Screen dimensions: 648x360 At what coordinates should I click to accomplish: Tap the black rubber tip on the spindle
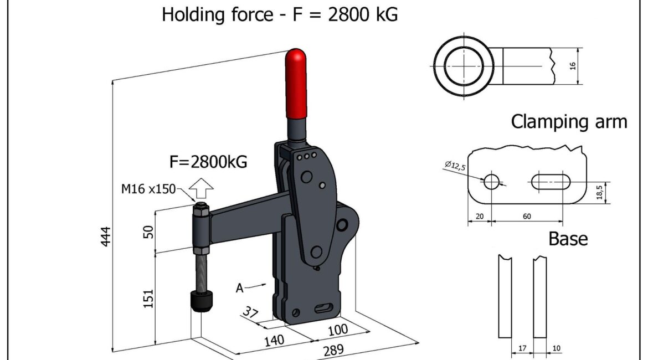tap(202, 301)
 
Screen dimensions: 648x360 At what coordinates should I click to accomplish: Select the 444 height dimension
tap(106, 236)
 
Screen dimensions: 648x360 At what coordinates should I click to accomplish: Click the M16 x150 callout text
tap(148, 189)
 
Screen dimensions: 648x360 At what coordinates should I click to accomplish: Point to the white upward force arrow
tap(201, 188)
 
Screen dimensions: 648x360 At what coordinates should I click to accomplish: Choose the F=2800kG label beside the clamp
tap(208, 162)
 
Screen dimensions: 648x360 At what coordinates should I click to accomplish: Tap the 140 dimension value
tap(274, 341)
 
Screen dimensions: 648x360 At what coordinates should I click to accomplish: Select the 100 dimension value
tap(338, 330)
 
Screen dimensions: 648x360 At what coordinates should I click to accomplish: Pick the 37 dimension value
tap(250, 311)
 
